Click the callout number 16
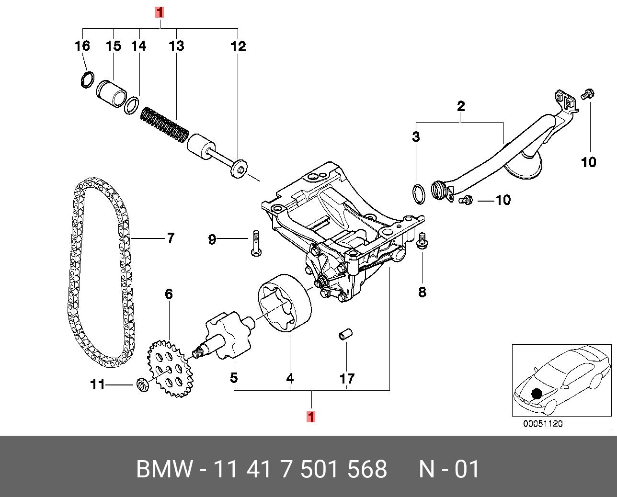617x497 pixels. coord(82,46)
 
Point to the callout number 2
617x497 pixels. coord(460,106)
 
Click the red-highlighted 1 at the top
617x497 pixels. coord(160,12)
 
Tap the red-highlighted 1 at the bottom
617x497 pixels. coord(311,417)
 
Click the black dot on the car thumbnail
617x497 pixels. coord(537,393)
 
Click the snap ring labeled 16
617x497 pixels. coord(86,79)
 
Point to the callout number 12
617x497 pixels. coord(238,46)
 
